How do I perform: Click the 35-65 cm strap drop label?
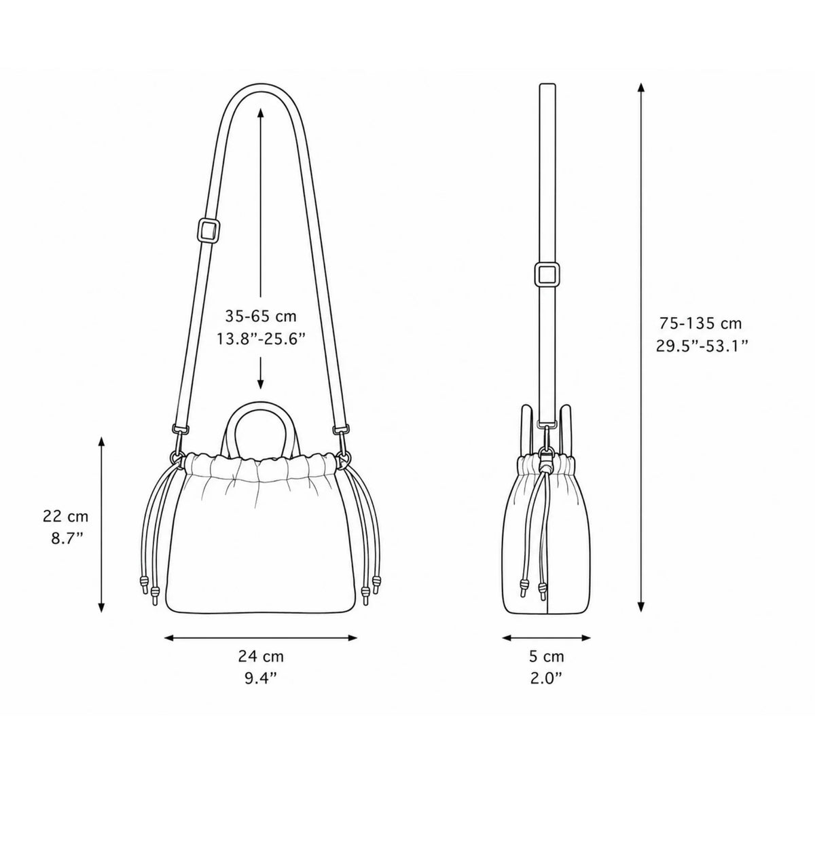[261, 316]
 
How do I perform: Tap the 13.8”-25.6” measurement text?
[261, 339]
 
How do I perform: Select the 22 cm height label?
[66, 516]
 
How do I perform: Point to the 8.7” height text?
[67, 538]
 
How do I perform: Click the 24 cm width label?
[261, 656]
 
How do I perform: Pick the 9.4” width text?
[261, 679]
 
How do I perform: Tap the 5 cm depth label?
[547, 656]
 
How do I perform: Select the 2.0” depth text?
[546, 679]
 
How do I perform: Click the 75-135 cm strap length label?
[701, 324]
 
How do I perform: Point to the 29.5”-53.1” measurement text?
[702, 346]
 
